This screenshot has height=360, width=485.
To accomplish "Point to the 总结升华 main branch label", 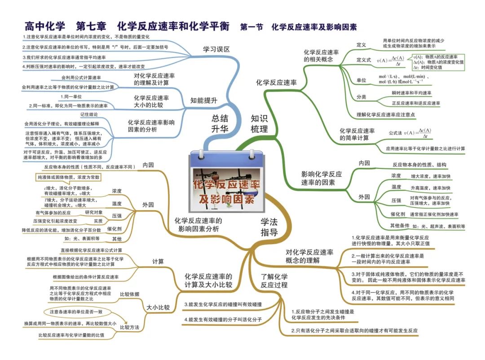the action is [220, 124].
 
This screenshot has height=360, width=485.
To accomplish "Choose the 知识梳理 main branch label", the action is [259, 124].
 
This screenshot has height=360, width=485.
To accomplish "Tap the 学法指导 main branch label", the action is [269, 227].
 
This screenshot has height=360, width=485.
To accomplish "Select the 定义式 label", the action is [363, 60].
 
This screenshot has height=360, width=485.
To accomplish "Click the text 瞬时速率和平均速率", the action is [412, 93].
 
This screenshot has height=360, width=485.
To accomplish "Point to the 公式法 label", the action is [397, 133].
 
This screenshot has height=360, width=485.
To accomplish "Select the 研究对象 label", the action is [94, 212].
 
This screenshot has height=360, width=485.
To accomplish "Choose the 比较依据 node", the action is [129, 294].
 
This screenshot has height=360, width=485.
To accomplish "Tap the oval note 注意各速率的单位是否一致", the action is [76, 312].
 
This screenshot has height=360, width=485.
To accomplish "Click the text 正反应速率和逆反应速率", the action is [415, 103].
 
